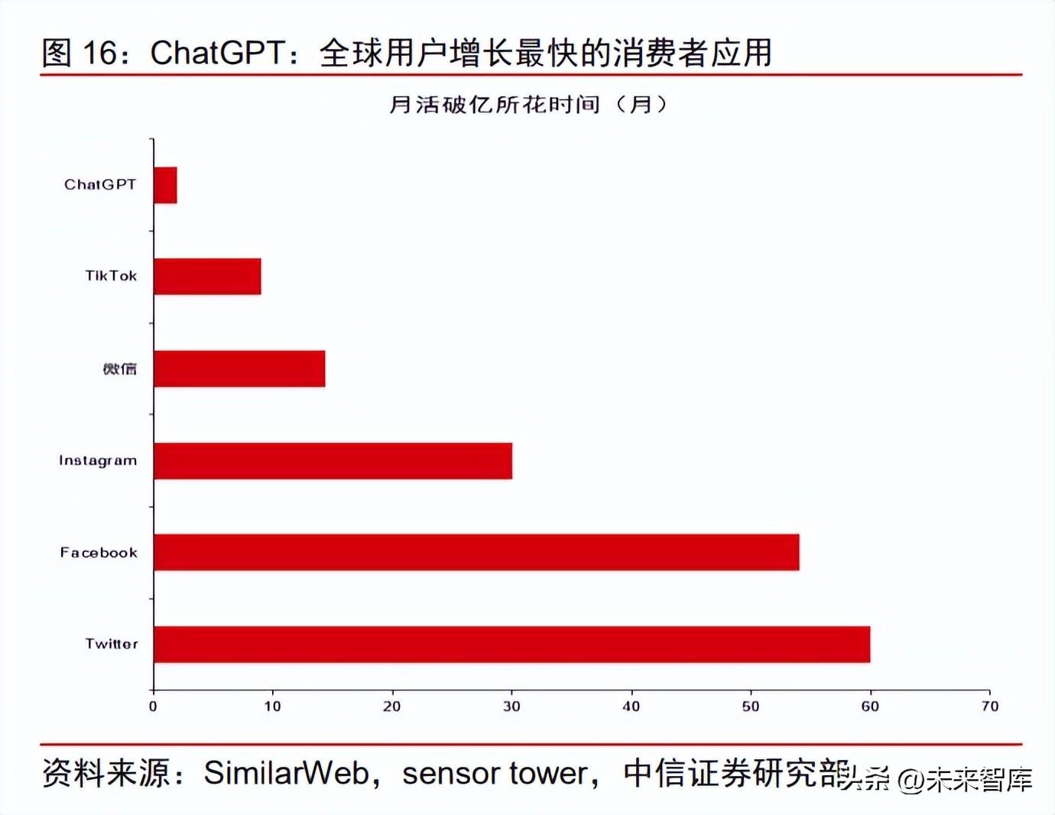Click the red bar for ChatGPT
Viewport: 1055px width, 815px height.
click(165, 185)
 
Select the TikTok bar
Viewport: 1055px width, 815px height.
click(207, 276)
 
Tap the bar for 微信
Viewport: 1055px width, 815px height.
click(239, 369)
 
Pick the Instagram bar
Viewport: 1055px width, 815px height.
click(333, 460)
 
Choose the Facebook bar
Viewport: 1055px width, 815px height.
click(476, 552)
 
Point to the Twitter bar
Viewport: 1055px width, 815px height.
click(511, 644)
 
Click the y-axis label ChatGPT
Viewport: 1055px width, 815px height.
click(100, 185)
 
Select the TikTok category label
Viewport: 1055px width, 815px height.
click(111, 276)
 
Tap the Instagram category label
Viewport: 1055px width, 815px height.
click(98, 460)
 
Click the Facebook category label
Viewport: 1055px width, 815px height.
click(99, 553)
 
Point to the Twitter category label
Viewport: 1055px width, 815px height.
click(112, 644)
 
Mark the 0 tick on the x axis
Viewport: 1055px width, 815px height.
click(153, 706)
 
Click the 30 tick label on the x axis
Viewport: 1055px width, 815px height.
click(511, 706)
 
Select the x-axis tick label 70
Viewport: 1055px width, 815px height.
click(990, 706)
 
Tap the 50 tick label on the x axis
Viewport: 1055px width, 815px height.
click(751, 706)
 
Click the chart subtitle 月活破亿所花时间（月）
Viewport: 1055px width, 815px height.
click(527, 104)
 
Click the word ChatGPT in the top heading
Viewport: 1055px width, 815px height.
click(218, 53)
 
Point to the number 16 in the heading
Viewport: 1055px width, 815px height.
click(99, 53)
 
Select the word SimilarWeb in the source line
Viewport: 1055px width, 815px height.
click(286, 773)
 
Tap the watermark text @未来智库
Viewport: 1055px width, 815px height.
click(965, 780)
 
